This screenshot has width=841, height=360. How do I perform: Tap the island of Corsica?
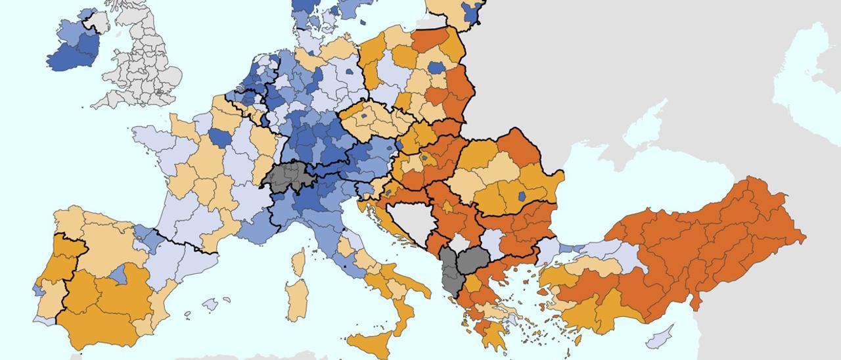click(x=298, y=262)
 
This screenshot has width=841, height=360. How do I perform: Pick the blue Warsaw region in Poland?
click(x=435, y=68)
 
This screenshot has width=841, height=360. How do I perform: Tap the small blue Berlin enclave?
click(x=348, y=72)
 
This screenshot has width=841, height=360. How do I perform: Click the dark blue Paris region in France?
click(x=220, y=138)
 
